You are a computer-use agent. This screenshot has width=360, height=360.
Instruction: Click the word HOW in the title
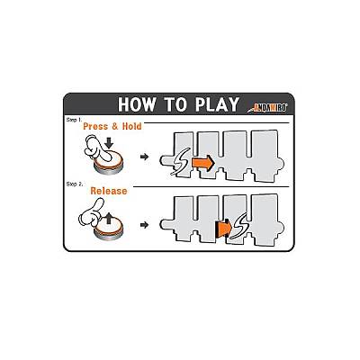tap(137, 104)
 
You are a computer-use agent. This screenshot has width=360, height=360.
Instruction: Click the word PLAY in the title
tap(217, 104)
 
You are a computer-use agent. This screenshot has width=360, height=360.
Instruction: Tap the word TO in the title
tap(175, 104)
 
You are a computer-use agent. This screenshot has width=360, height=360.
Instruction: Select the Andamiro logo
tap(267, 108)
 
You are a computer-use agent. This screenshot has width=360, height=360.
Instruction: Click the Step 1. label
tap(74, 120)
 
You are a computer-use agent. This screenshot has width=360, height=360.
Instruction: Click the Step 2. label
tap(75, 184)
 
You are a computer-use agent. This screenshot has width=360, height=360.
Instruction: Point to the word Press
tap(95, 126)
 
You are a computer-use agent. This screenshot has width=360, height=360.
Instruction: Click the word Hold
tap(131, 126)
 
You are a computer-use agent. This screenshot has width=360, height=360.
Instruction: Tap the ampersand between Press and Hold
tap(115, 127)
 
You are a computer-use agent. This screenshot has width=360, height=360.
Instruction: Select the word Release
tap(109, 191)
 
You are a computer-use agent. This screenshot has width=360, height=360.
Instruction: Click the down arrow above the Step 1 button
tap(110, 142)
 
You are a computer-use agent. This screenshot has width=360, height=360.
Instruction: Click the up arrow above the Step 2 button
tap(109, 218)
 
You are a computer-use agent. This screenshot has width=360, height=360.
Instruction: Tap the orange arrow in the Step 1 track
tap(202, 163)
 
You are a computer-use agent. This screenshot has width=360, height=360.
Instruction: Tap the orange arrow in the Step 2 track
tap(224, 228)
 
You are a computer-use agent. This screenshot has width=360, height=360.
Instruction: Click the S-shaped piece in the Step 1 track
tap(180, 161)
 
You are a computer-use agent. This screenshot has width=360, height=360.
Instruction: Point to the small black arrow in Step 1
tap(145, 157)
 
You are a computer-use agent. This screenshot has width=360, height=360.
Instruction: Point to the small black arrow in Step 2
tap(145, 225)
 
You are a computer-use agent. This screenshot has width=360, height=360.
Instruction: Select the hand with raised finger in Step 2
tap(90, 212)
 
